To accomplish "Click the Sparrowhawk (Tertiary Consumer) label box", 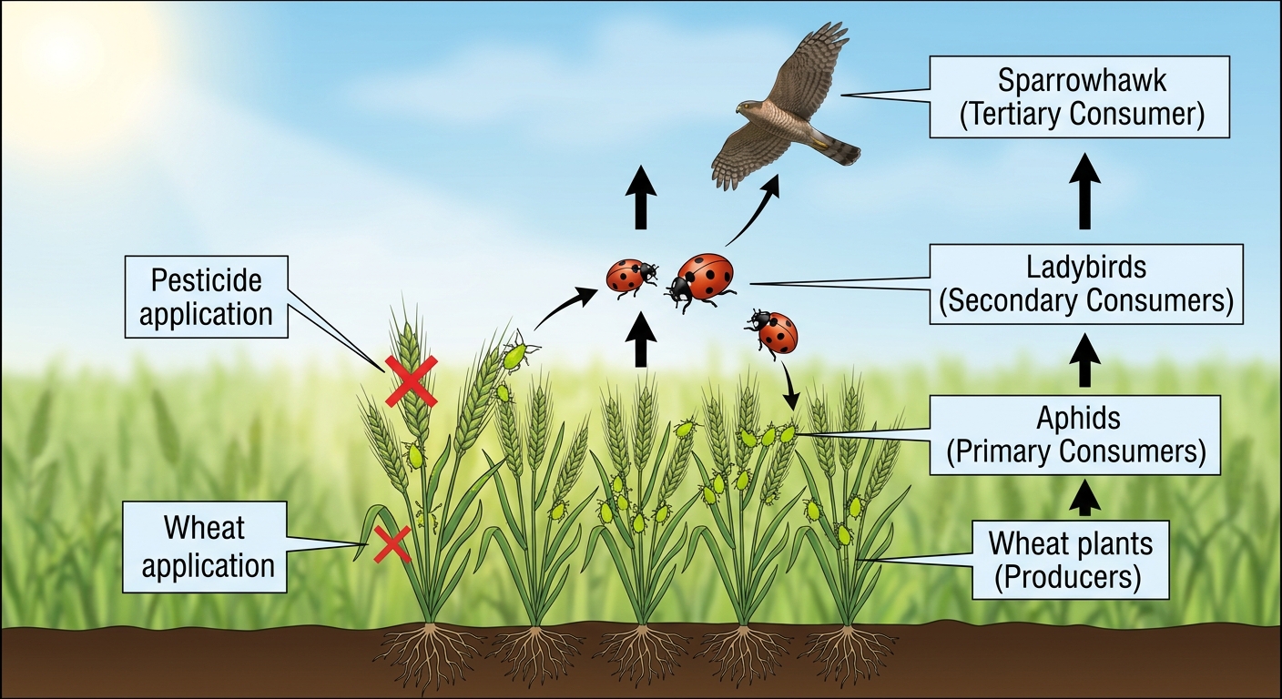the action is coord(1079,96).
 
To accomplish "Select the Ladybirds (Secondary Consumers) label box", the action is coord(1085,284).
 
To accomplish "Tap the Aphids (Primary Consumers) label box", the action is coord(1074,435).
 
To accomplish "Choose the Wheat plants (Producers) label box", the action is coord(1070,560).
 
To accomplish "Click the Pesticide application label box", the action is coord(206,297).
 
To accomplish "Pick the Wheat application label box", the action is coord(204,547).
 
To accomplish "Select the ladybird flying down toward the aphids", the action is coord(773,333).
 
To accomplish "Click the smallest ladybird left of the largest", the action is coord(631,277).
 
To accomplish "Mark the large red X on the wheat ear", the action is coord(412,381).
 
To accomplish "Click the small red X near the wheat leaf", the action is coord(392,544).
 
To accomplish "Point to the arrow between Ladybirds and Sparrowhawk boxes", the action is coord(1084,192).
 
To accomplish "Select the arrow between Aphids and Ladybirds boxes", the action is coord(1084,360).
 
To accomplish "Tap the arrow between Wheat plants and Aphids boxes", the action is coord(1084,498).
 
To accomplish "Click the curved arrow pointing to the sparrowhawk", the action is coord(754,213).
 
